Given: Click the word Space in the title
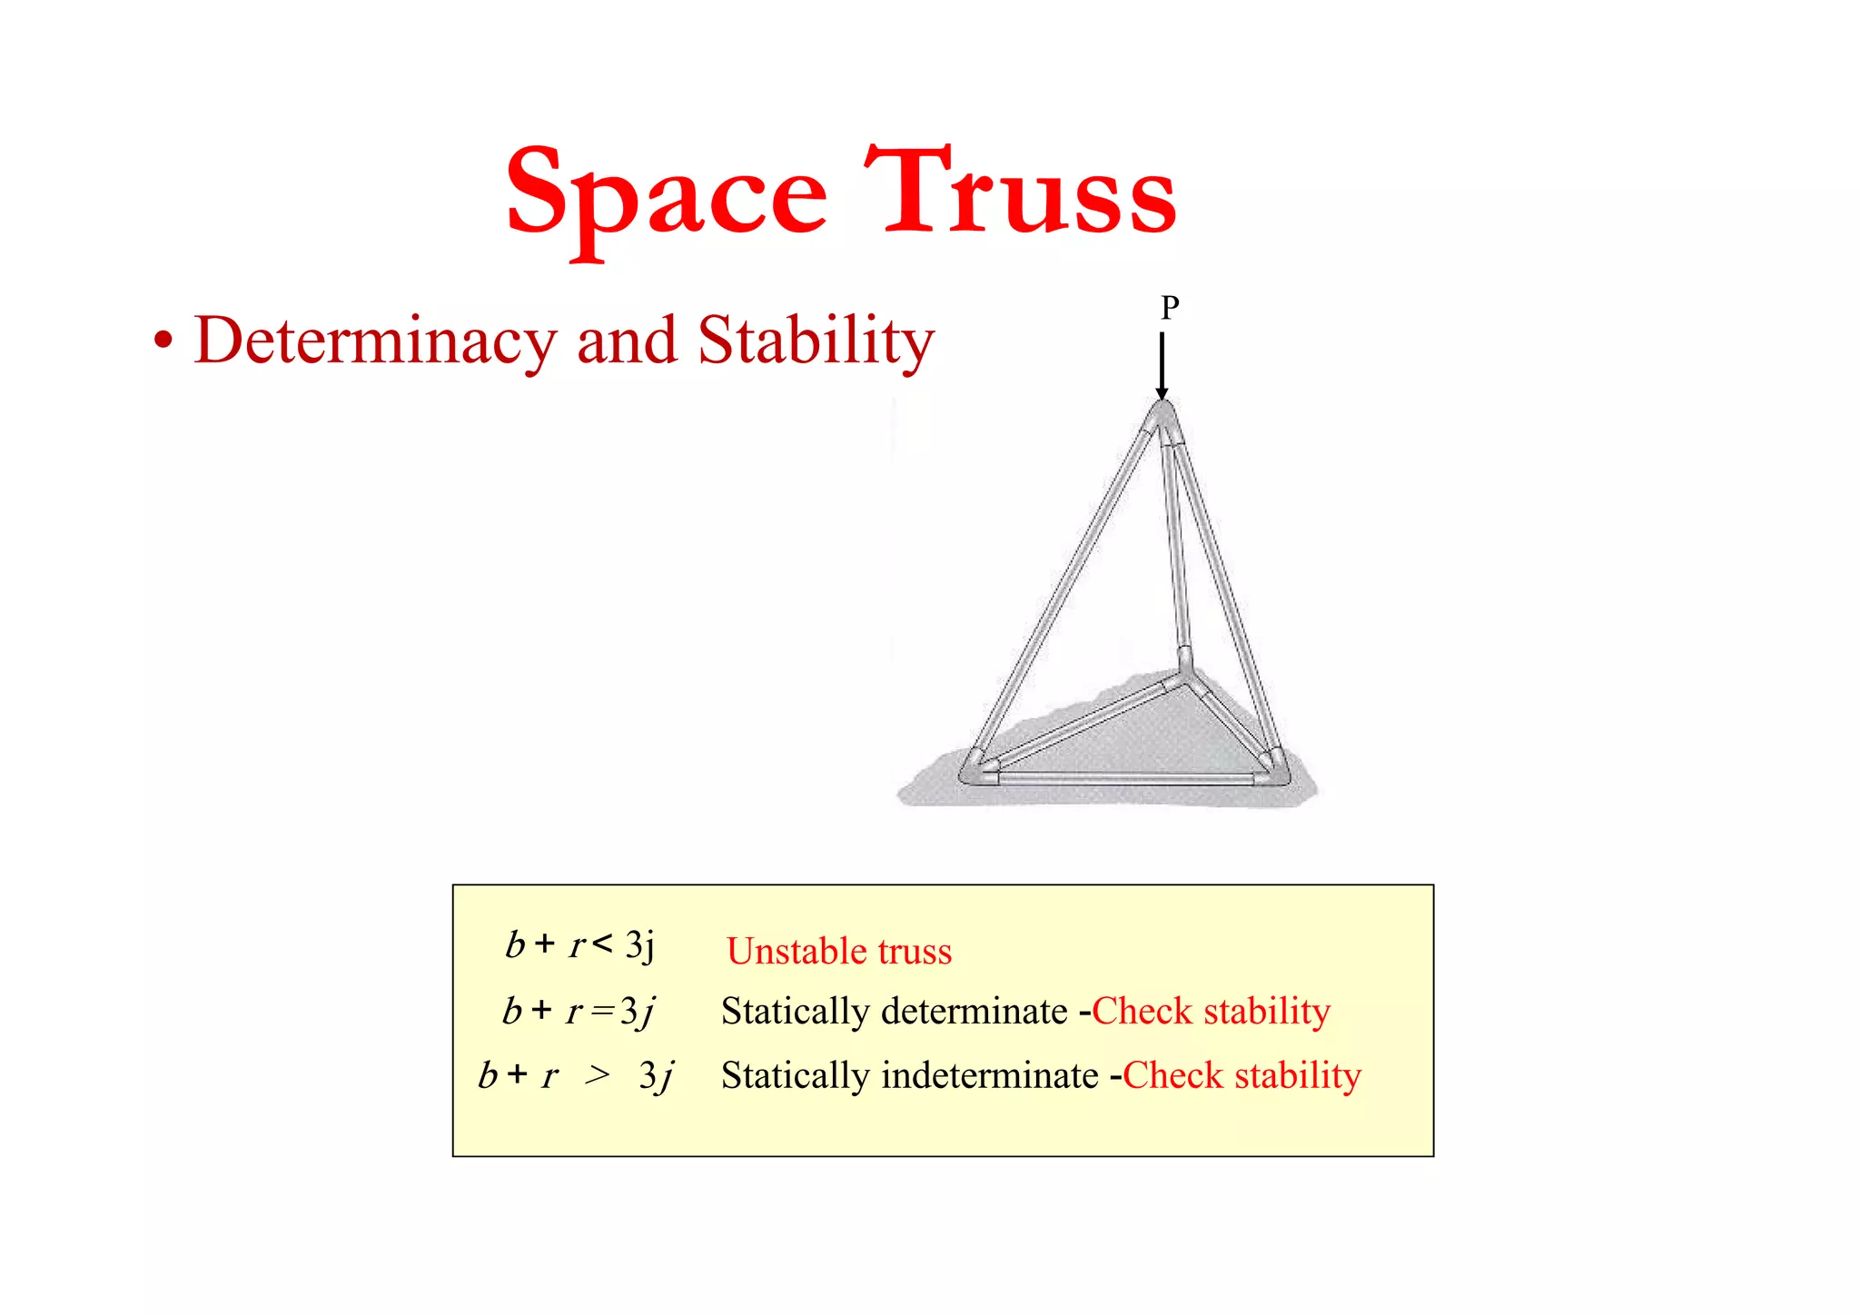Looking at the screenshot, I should point(666,193).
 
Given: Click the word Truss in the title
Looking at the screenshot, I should point(1020,192).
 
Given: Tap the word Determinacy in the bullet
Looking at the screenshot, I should point(374,341).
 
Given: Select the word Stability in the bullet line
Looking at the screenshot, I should point(816,341).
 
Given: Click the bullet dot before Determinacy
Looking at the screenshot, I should point(163,343).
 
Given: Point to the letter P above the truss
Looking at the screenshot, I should point(1170,309).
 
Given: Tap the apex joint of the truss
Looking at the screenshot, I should point(1162,419).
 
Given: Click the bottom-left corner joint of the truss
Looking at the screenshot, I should point(978,771).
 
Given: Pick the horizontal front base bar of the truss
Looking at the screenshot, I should point(1126,778).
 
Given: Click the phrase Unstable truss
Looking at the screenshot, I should point(838,951).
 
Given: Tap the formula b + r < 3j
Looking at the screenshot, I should point(579,945).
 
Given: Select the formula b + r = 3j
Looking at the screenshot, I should point(579,1011).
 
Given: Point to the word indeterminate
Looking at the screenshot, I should point(990,1075).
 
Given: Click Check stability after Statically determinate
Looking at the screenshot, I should point(1211,1011).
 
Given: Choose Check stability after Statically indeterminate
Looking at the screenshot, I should point(1242,1075).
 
